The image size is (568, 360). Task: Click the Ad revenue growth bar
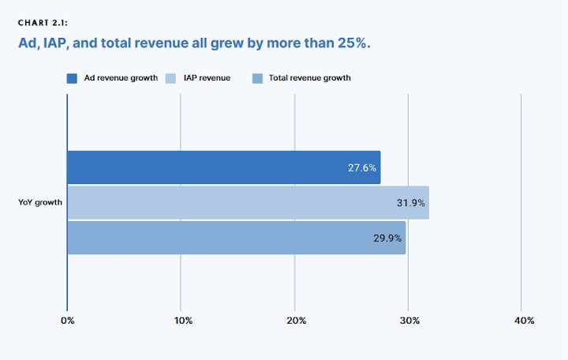pos(223,167)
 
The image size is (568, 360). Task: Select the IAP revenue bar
pos(248,203)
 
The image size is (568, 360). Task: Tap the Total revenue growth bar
pos(236,238)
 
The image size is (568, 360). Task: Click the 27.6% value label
pos(362,168)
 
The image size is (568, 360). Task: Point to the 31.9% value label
pos(411,203)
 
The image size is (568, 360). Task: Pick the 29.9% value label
pos(388,238)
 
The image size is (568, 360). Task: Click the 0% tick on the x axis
pos(67,321)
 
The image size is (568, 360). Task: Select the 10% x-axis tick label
pos(183,321)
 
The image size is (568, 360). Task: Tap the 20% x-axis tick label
pos(297,321)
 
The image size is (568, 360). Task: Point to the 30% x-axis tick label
pos(409,321)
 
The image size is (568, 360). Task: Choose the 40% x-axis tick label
pos(524,321)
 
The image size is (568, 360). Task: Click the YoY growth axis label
pos(40,203)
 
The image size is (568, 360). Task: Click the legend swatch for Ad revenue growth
pos(72,78)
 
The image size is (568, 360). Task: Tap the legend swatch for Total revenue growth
pos(256,78)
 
